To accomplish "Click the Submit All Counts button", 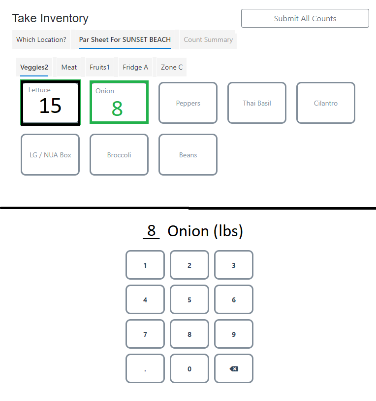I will click(x=305, y=18).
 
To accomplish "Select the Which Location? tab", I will click(x=41, y=39).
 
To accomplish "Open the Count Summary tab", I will click(x=208, y=39).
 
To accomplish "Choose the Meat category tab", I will click(x=69, y=67).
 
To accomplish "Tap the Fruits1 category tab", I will click(x=99, y=67).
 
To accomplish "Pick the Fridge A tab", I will click(x=135, y=67).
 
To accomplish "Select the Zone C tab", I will click(x=171, y=67).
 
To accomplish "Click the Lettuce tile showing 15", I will click(x=50, y=103).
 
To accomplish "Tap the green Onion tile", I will click(x=119, y=103).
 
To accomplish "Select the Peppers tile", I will click(x=188, y=103).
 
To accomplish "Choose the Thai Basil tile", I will click(x=257, y=103).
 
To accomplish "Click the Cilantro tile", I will click(x=326, y=103).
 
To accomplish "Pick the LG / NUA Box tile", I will click(x=50, y=155).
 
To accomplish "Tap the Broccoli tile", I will click(x=119, y=155).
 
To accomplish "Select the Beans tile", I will click(x=188, y=155).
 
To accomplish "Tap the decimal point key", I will click(x=145, y=368).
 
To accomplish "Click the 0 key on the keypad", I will click(x=189, y=368).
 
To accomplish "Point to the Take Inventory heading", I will click(x=50, y=18).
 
